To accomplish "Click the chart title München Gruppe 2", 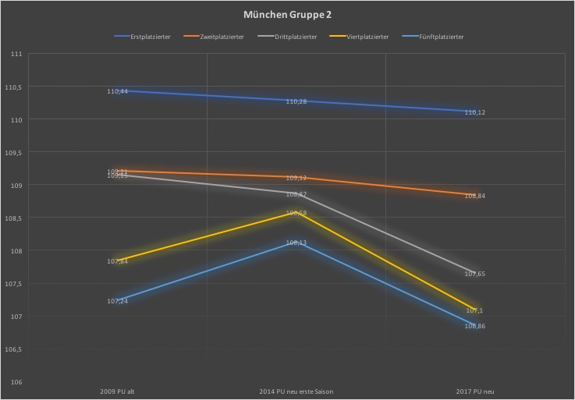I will point(287,15).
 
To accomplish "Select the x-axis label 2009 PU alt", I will point(118,391).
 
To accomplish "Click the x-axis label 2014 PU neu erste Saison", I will point(296,391).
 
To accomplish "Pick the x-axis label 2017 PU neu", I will point(475,391).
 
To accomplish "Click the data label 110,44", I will point(118,91).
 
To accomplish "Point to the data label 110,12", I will point(475,112).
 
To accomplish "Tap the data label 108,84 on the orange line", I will point(475,196).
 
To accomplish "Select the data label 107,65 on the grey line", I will point(475,274).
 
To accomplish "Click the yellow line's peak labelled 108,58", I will point(296,213).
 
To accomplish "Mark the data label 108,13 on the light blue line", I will point(296,242).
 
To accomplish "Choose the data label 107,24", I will point(118,301).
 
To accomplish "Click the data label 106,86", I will point(475,326).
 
